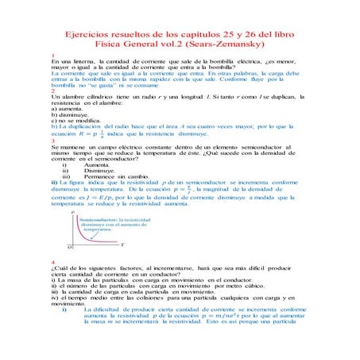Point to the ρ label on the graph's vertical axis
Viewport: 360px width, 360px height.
pyautogui.click(x=73, y=213)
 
